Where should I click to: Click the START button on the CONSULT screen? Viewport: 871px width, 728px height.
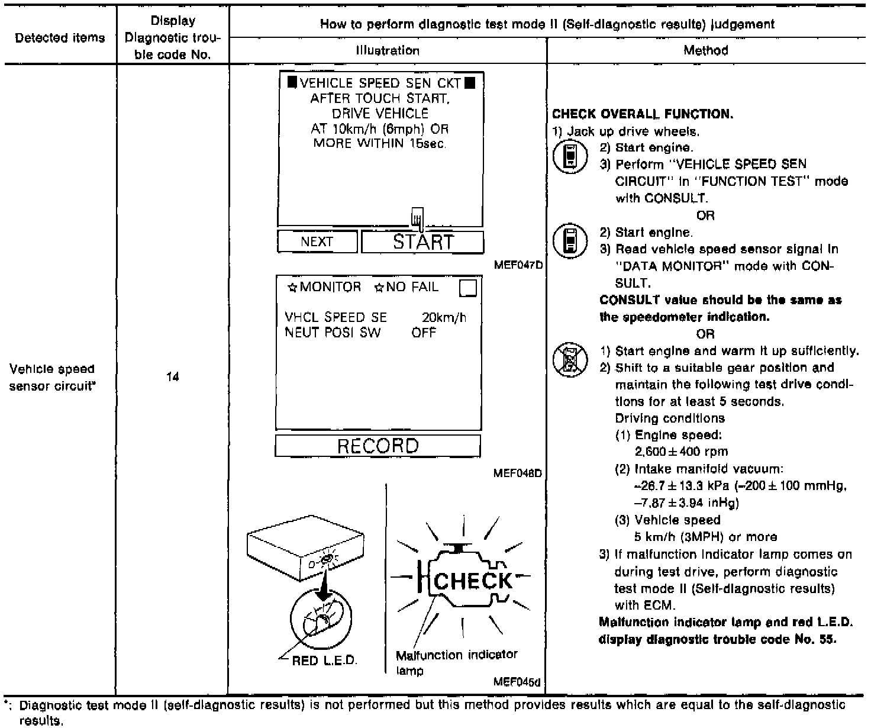[422, 242]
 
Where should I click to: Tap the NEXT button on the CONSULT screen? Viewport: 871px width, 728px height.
[317, 241]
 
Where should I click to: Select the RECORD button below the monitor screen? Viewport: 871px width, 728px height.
[378, 446]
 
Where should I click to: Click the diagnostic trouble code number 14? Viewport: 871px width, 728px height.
[172, 376]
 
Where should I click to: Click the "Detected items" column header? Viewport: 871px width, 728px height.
[60, 38]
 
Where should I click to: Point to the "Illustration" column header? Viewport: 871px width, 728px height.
[388, 50]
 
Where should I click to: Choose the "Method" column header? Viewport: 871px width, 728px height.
[705, 50]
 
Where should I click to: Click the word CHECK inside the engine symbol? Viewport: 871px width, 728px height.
[473, 581]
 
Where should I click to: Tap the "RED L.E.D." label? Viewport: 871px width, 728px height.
[325, 660]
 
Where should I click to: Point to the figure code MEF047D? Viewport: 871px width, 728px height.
[518, 265]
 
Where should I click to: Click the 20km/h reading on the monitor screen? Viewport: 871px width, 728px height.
[444, 318]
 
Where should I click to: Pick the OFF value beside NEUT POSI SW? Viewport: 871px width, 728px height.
[424, 333]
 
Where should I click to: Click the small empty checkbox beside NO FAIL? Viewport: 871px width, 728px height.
[467, 288]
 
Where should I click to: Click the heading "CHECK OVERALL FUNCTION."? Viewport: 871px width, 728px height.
[642, 114]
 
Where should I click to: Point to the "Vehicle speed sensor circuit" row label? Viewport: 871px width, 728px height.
[52, 376]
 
